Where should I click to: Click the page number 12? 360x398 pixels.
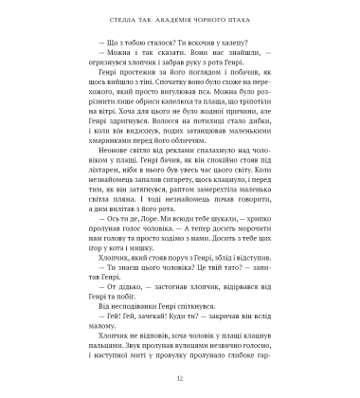[x=180, y=376]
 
